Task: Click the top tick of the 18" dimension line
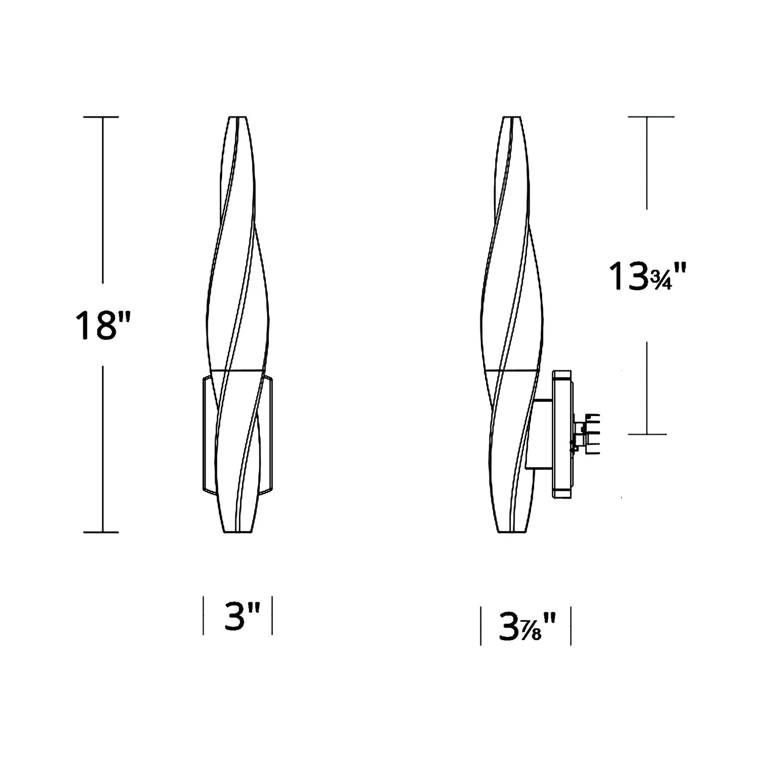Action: point(103,117)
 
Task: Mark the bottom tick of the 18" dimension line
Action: point(103,532)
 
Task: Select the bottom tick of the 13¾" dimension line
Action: point(648,434)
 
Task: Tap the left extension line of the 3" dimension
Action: point(204,615)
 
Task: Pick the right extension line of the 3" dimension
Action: point(272,615)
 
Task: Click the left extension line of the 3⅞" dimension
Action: point(481,626)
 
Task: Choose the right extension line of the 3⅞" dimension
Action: point(571,626)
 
